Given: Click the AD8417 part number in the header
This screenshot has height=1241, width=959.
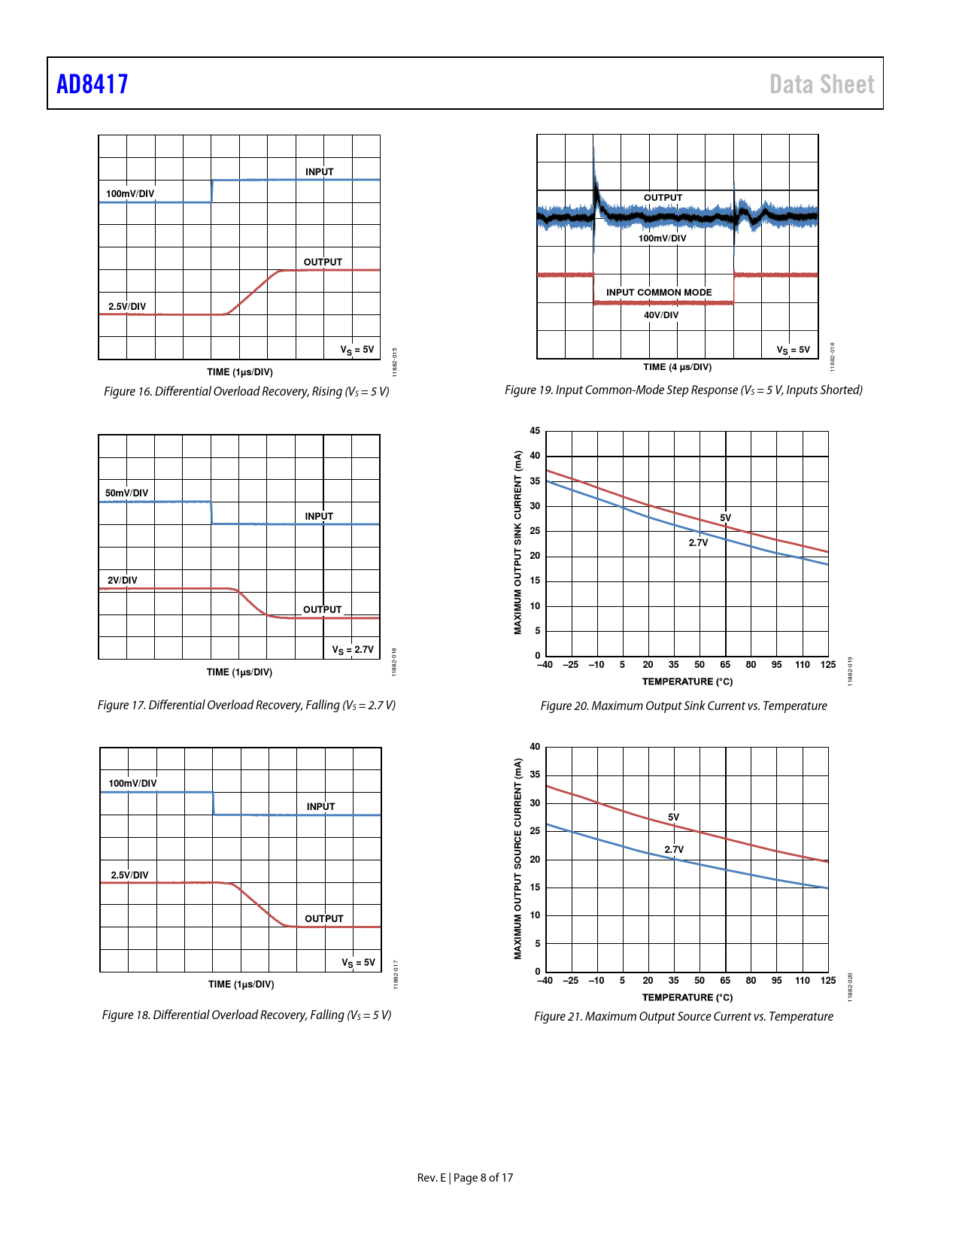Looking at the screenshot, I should click(93, 83).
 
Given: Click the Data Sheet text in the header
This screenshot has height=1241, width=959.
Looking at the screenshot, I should click(821, 84).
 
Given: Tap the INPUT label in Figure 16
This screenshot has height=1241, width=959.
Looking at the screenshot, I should click(319, 172).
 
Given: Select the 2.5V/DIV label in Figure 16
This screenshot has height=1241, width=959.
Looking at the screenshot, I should click(127, 307).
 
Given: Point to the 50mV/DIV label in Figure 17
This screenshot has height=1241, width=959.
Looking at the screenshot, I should click(126, 493).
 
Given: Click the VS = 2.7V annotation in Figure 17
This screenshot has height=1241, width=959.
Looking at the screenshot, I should click(353, 650).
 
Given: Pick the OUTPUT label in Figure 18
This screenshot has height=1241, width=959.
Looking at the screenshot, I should click(323, 919).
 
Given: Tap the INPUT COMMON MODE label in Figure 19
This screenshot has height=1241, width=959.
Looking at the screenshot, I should click(659, 293).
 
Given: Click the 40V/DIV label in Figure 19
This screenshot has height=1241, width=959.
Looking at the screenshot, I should click(661, 315).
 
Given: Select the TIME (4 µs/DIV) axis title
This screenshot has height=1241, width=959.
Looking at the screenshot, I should click(677, 367).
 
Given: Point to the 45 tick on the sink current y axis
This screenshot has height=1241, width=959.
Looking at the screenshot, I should click(535, 431).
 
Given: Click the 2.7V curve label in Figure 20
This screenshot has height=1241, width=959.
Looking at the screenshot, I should click(698, 543).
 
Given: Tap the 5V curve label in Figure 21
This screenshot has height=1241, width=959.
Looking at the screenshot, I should click(673, 818).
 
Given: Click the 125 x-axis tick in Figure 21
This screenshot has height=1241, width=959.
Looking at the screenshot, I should click(827, 981).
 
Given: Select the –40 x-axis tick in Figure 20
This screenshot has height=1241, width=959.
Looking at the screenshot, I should click(545, 665).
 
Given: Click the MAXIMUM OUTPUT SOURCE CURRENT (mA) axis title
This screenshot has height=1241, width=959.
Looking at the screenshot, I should click(517, 858).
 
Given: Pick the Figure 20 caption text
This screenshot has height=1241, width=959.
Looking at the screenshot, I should click(683, 705).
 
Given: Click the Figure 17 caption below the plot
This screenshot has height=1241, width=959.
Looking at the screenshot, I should click(246, 705).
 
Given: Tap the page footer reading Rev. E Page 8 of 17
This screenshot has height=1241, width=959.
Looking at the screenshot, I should click(465, 1178).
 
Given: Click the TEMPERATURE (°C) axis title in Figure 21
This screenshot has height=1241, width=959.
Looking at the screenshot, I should click(687, 997).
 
